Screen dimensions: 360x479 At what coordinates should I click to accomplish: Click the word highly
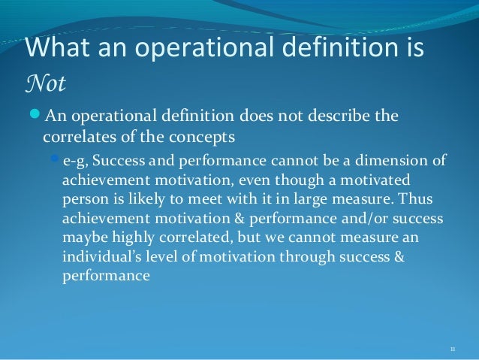133,237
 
